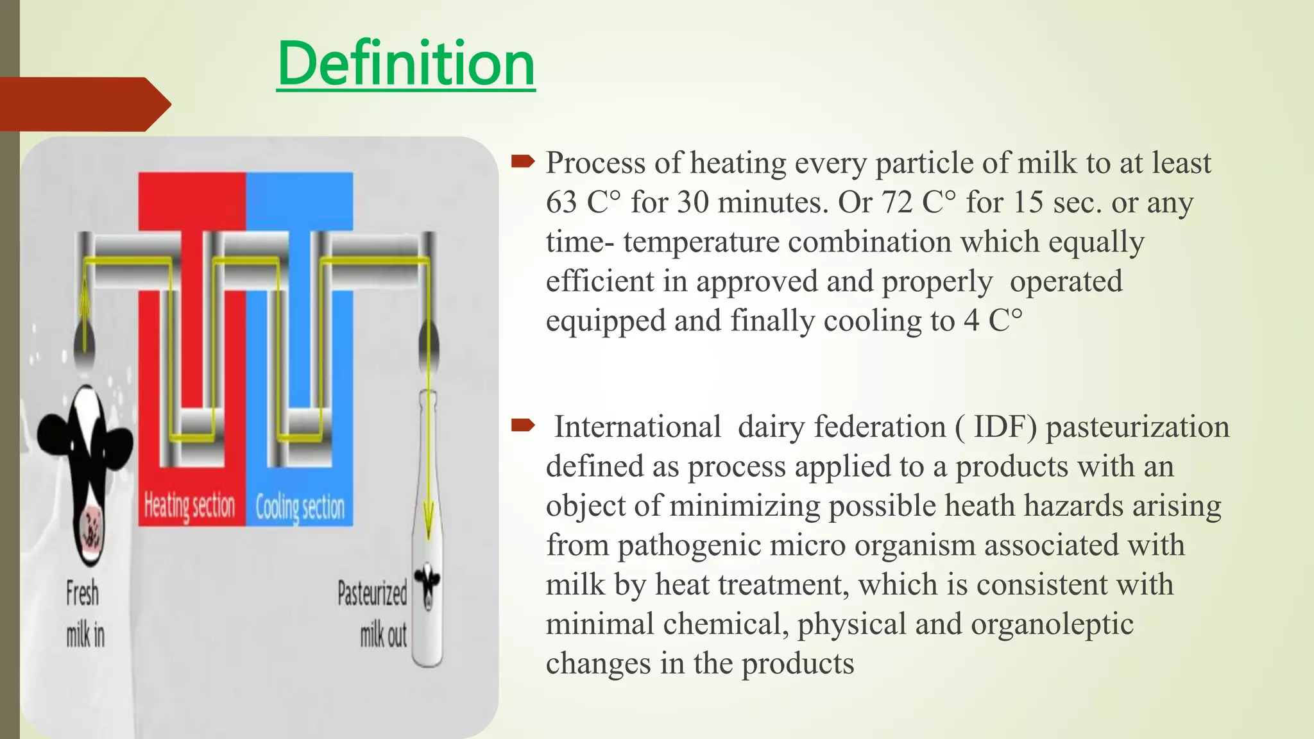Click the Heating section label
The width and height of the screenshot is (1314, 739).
tap(190, 506)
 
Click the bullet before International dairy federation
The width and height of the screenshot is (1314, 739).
tap(522, 425)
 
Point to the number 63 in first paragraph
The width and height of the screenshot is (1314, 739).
tap(561, 203)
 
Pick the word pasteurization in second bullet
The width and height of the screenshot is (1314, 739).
tap(1137, 427)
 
